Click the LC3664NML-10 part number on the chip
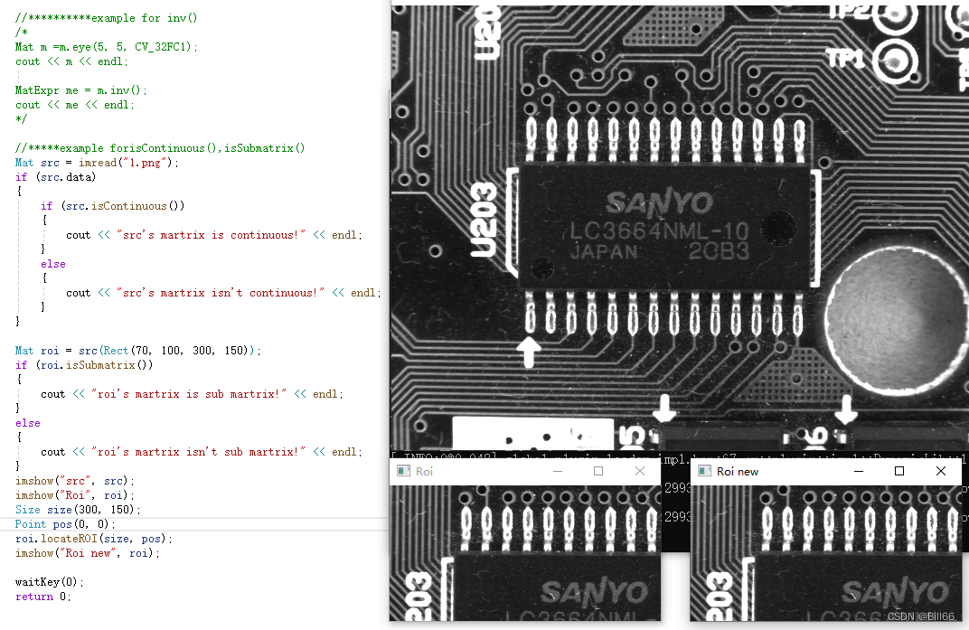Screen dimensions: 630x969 click(660, 231)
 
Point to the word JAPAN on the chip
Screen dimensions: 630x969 click(603, 252)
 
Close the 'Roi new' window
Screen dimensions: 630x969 click(941, 471)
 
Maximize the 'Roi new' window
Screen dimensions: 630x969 click(899, 471)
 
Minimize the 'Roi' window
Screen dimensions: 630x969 click(557, 471)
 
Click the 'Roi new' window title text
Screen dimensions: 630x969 click(737, 472)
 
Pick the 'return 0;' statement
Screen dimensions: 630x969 click(41, 597)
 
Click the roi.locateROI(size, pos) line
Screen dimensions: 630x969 click(93, 539)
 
